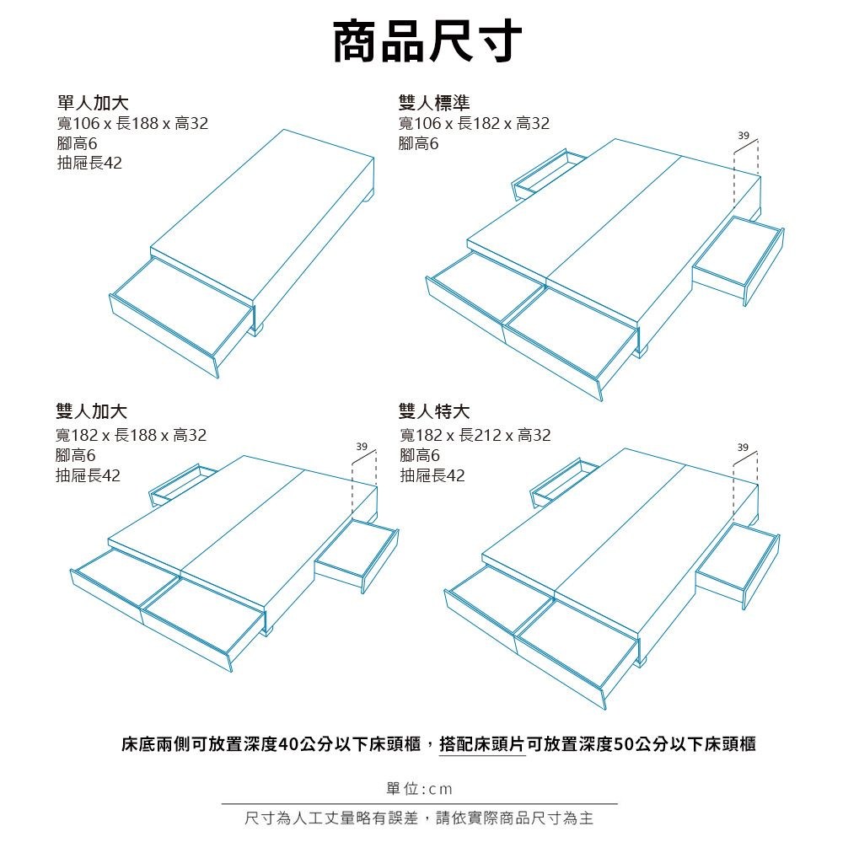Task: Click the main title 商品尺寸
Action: point(427,42)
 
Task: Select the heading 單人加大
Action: point(93,102)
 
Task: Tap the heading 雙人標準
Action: point(434,102)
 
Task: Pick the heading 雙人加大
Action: point(91,411)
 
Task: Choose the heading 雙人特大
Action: point(434,411)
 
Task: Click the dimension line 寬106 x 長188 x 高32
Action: point(132,123)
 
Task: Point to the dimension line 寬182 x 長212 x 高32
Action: point(475,434)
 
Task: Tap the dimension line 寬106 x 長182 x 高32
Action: point(474,123)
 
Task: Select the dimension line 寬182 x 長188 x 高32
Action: point(132,434)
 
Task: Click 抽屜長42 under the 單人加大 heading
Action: point(90,163)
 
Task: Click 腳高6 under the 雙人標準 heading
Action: point(418,143)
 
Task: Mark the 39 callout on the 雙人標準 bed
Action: point(744,136)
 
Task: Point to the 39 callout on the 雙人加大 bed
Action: point(362,447)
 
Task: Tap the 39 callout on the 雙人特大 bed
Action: point(743,448)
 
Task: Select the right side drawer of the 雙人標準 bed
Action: point(738,260)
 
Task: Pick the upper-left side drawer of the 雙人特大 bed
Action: point(565,482)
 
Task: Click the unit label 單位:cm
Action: point(419,789)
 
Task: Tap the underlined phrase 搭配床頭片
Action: point(482,744)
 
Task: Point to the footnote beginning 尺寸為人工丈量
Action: point(419,818)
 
